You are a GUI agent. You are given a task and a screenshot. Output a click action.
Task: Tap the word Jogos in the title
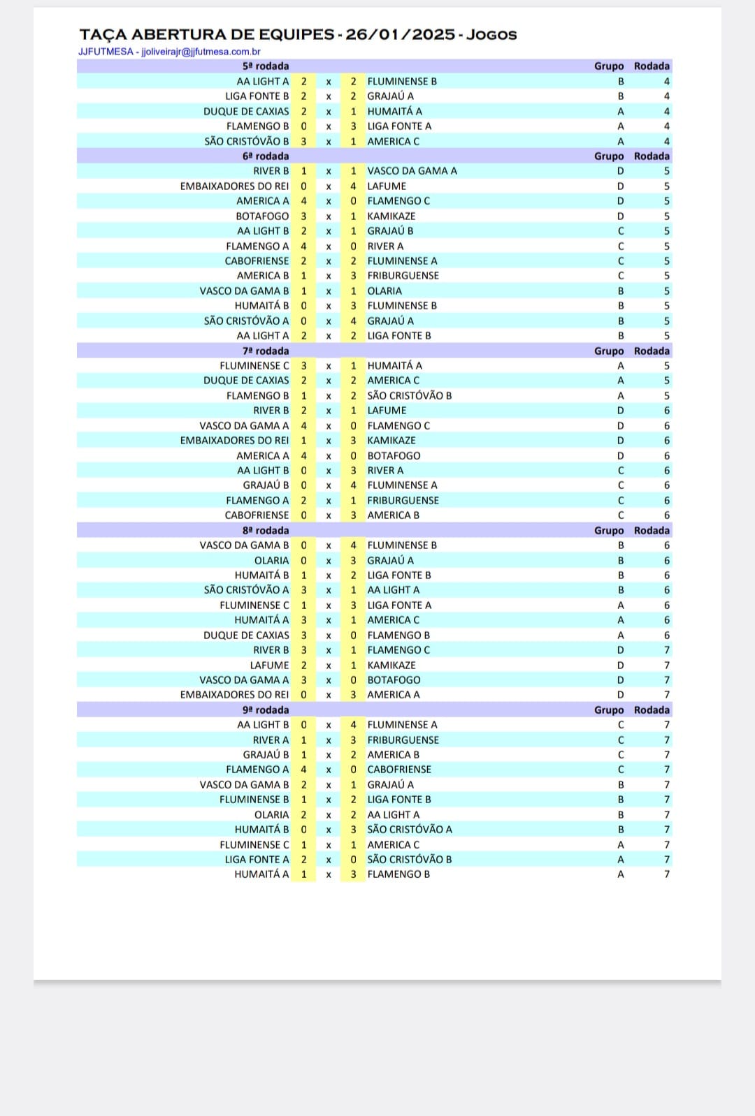coord(491,34)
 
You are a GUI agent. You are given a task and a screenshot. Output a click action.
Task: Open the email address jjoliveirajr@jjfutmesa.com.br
coord(201,52)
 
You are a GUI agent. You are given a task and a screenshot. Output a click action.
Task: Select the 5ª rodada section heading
coord(266,66)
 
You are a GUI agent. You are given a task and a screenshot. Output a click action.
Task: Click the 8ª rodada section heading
coord(266,531)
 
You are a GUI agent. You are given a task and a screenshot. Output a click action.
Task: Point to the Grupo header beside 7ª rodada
coord(609,351)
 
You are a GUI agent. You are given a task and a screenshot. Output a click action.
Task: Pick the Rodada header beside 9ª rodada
coord(652,710)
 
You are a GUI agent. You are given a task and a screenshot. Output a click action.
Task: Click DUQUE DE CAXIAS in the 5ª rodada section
coord(246,112)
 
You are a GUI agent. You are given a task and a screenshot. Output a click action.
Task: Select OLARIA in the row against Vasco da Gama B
coord(384,291)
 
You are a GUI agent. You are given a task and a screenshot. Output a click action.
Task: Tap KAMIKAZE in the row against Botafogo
coord(391,216)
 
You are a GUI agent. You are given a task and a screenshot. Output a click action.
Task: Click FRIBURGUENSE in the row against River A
coord(403,740)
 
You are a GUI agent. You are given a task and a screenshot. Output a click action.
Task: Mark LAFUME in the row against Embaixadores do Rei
coord(387,186)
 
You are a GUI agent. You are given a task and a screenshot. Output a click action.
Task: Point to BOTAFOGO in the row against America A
coord(394,456)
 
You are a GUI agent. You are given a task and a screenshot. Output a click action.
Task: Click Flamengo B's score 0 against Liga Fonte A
coord(303,126)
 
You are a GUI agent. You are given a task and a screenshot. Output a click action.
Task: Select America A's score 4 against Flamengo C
coord(303,201)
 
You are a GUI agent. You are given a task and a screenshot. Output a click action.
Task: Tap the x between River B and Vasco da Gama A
coord(329,171)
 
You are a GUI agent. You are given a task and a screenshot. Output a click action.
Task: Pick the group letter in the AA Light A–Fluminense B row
coord(621,82)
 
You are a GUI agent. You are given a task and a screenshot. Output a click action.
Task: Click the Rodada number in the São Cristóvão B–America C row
coord(666,142)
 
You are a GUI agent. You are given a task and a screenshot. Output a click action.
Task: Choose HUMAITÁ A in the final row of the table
coord(261,874)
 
